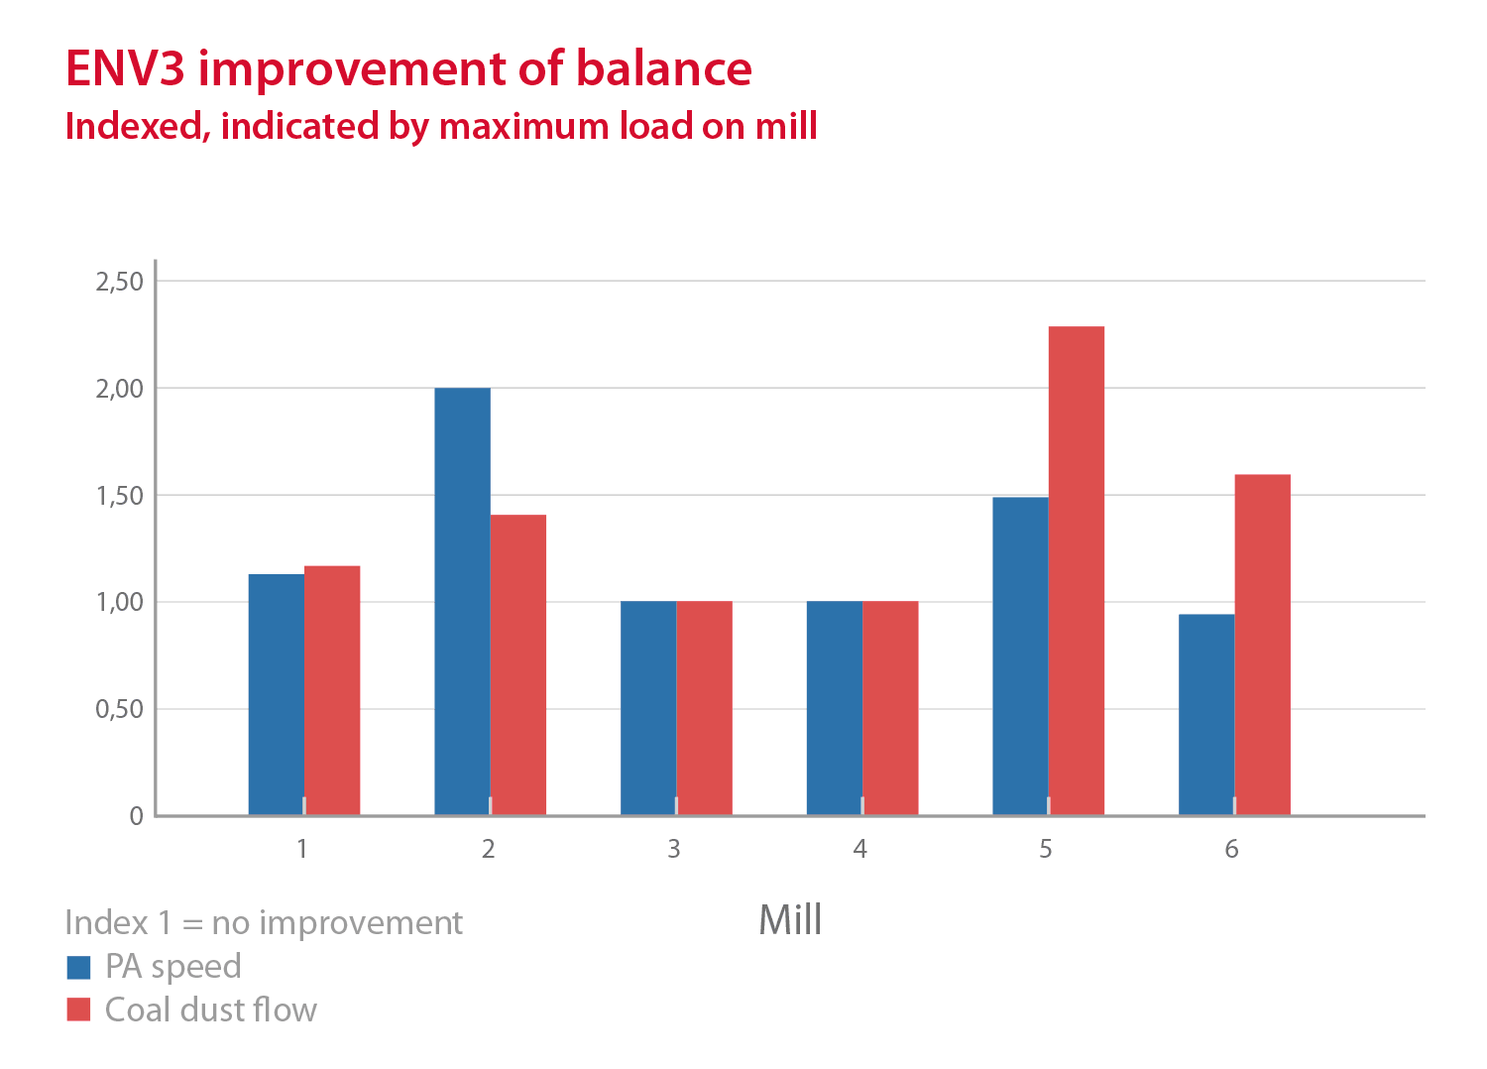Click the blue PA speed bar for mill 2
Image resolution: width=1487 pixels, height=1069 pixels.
point(462,601)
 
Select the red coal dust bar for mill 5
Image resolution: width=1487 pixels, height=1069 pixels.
point(1076,570)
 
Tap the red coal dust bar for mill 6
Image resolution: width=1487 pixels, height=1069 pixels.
point(1262,645)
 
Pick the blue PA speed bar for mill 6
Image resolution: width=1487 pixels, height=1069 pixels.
point(1206,714)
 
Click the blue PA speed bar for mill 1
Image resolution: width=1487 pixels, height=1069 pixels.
point(276,694)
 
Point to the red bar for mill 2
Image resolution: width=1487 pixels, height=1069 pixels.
point(517,664)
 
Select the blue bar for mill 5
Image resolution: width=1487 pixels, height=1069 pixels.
point(1020,655)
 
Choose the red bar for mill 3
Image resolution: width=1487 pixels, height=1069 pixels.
point(704,708)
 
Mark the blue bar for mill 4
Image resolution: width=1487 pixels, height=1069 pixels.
point(834,708)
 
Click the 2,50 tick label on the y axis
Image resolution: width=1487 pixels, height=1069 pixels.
point(120,282)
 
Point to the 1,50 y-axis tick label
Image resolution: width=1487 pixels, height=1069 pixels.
point(120,496)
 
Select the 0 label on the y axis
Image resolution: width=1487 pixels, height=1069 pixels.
point(137,816)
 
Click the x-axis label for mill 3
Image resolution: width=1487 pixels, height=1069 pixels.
point(674,849)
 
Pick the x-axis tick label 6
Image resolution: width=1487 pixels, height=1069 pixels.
point(1231,849)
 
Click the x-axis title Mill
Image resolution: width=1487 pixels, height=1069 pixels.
point(790,920)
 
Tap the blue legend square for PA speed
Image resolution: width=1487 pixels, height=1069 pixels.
point(78,967)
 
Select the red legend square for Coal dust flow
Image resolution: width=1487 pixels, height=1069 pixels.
point(78,1010)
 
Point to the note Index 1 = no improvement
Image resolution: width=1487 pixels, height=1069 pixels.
point(264,923)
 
